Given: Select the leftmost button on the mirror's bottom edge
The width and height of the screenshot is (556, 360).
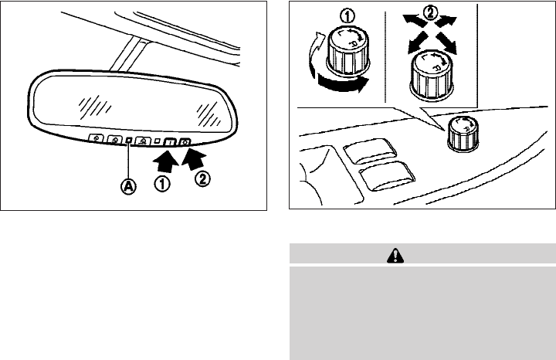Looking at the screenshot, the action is click(x=97, y=138).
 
